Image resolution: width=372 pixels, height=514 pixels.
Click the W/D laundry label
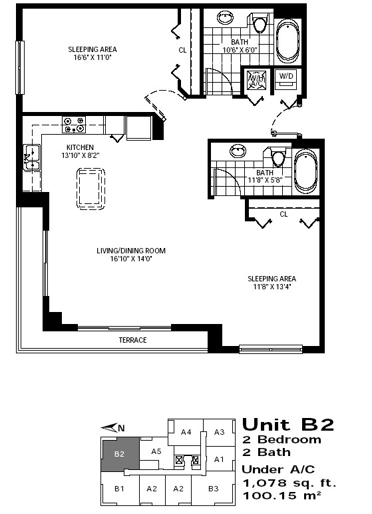(x=286, y=76)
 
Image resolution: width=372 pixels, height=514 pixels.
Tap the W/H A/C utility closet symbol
(x=256, y=79)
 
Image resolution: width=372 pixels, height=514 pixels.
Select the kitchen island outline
(x=91, y=189)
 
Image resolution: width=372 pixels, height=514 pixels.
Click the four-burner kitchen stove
(x=74, y=125)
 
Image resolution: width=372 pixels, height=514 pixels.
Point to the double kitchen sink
(x=31, y=157)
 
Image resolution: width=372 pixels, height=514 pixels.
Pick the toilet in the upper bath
(x=260, y=23)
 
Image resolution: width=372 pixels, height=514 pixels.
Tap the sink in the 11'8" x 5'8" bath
(x=238, y=151)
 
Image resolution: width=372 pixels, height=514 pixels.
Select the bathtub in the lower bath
(x=305, y=173)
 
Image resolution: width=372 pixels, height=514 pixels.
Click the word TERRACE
(x=132, y=340)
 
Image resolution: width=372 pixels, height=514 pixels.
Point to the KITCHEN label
(x=80, y=147)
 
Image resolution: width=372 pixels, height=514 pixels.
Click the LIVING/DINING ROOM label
(x=131, y=251)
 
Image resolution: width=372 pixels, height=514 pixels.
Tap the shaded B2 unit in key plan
(x=119, y=454)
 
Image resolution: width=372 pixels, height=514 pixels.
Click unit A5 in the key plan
(x=156, y=451)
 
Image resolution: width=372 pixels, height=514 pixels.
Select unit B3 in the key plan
(x=214, y=489)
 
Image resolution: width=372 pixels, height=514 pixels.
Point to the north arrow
(x=112, y=428)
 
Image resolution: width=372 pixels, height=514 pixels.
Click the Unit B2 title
(x=288, y=425)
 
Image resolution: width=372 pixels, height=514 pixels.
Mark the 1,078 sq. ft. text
(x=289, y=483)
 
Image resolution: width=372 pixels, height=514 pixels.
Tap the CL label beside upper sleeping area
(x=182, y=50)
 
